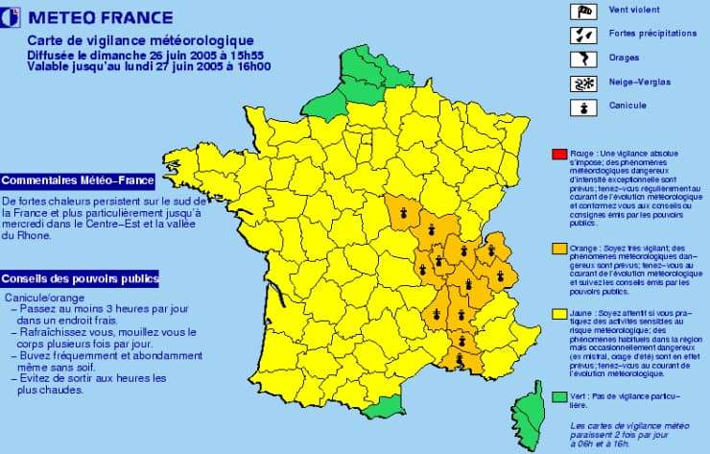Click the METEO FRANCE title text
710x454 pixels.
point(101,17)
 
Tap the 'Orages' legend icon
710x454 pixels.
point(583,59)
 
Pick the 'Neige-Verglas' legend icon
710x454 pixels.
point(583,83)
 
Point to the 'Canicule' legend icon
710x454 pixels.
point(583,106)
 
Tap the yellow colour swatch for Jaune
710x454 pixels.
point(558,313)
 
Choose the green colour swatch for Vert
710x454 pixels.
point(558,395)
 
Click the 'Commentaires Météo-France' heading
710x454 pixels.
point(78,180)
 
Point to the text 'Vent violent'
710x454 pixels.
point(633,11)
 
